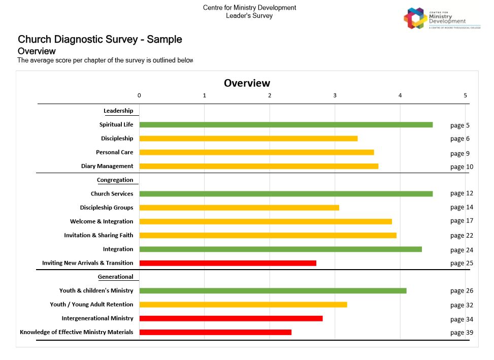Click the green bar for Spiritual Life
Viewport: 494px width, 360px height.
tap(286, 124)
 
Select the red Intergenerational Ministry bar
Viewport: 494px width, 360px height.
tap(231, 318)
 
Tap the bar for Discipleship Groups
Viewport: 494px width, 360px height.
tap(239, 207)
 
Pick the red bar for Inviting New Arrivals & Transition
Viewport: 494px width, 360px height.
tap(228, 263)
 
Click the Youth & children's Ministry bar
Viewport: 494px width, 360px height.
tap(273, 290)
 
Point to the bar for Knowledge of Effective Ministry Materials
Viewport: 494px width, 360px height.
tap(215, 332)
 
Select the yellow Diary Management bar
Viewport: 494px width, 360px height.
tap(259, 166)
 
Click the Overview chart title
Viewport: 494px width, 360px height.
tap(247, 83)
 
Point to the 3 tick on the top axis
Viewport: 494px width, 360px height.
tap(335, 95)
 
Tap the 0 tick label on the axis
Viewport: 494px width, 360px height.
tap(139, 95)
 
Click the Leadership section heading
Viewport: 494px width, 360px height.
tap(118, 111)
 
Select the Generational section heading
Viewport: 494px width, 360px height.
tap(115, 277)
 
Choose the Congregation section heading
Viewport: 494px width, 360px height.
tap(115, 180)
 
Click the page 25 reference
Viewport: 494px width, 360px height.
tap(461, 263)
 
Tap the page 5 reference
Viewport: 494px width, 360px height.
tap(459, 125)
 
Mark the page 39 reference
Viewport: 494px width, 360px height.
tap(461, 333)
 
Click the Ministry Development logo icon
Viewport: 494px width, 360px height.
tap(415, 19)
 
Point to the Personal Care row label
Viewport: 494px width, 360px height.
tap(114, 152)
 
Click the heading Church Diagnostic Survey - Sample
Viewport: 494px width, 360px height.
tap(100, 40)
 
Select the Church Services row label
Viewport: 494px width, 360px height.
tap(112, 193)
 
